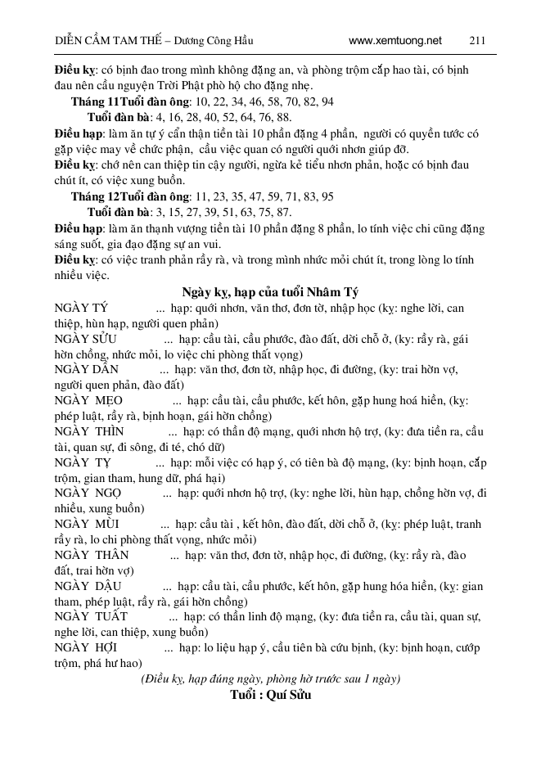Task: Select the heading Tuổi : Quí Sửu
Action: click(x=270, y=695)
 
